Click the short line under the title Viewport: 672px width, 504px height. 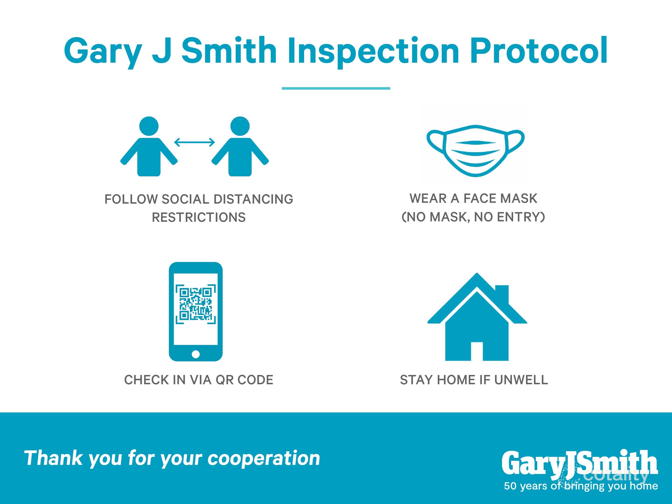pyautogui.click(x=336, y=88)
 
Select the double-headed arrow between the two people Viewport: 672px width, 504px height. pyautogui.click(x=194, y=142)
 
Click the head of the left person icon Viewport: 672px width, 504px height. pyautogui.click(x=149, y=126)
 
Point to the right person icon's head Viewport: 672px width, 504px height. pyautogui.click(x=240, y=126)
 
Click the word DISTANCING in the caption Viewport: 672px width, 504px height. pyautogui.click(x=253, y=199)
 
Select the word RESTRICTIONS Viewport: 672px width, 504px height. pyautogui.click(x=199, y=217)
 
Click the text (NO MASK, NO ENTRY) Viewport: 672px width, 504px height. pyautogui.click(x=473, y=217)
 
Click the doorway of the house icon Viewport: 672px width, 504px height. pyautogui.click(x=477, y=351)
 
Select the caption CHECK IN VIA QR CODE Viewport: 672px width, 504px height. pyautogui.click(x=199, y=380)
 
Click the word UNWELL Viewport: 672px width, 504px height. pyautogui.click(x=521, y=380)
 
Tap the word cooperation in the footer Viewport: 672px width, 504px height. pyautogui.click(x=264, y=458)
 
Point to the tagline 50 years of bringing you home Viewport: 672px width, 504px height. pyautogui.click(x=581, y=486)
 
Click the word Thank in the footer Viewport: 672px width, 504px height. pyautogui.click(x=53, y=458)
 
